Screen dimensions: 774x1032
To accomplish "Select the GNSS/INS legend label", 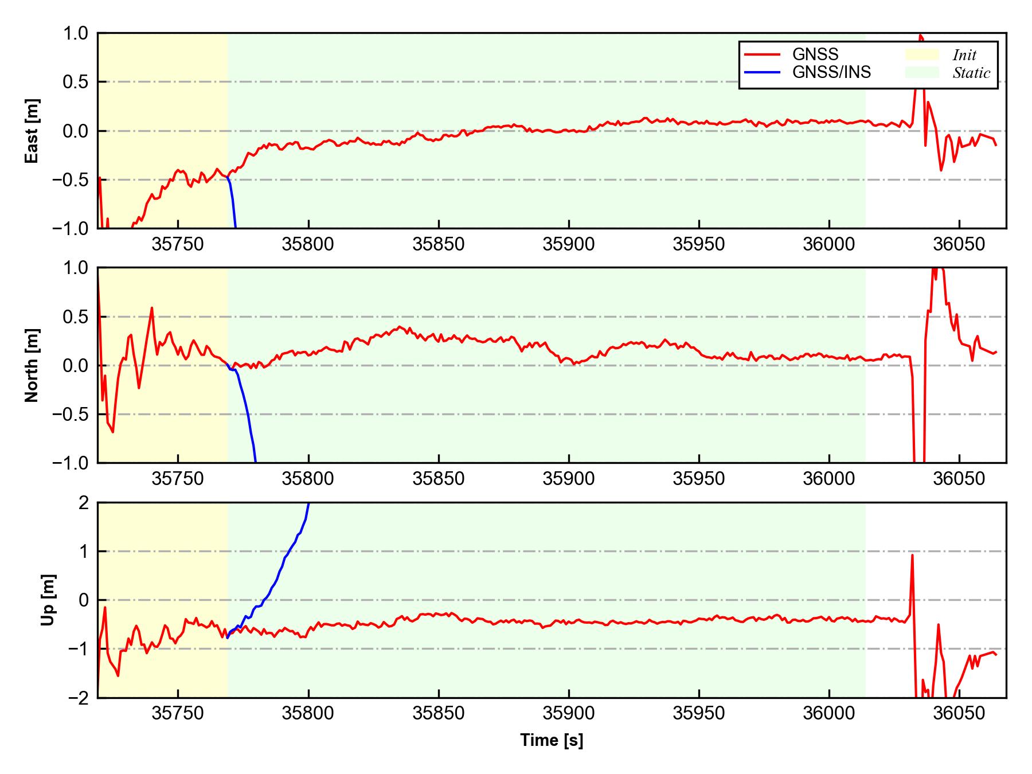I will (831, 72).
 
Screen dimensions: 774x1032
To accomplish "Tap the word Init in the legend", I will (964, 55).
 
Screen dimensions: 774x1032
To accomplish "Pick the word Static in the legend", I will (971, 73).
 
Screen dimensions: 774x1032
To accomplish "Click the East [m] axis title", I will (33, 131).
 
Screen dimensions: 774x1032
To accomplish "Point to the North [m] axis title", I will (33, 365).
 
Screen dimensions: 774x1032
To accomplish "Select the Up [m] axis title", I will (49, 600).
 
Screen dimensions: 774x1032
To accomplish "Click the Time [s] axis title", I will (552, 740).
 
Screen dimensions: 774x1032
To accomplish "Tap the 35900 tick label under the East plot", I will (569, 245).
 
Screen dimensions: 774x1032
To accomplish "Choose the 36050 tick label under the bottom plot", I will (959, 714).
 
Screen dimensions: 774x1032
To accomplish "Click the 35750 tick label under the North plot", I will (178, 479).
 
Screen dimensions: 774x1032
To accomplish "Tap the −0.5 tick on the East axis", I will (71, 180).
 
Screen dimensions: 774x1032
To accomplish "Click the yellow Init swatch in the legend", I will (922, 54).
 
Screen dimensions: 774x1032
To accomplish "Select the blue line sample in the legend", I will (762, 72).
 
